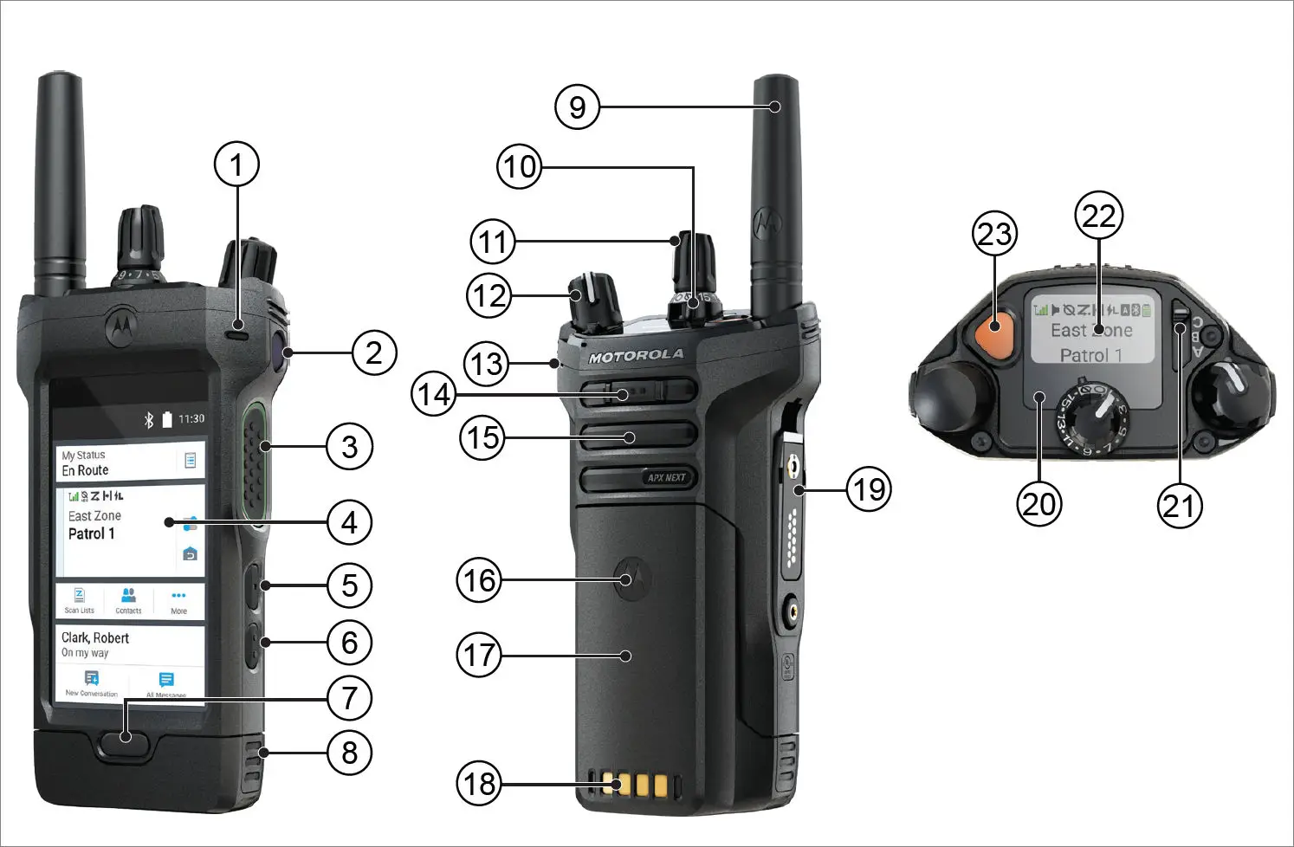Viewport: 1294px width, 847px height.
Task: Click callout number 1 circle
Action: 236,164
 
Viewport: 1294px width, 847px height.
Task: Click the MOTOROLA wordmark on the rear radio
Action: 637,356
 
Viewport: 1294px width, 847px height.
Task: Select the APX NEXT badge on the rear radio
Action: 665,477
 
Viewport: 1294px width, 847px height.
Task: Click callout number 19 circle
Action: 869,489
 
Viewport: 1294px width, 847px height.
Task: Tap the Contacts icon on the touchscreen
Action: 128,598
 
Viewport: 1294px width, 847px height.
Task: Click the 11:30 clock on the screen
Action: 191,419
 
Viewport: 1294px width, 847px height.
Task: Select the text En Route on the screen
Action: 85,470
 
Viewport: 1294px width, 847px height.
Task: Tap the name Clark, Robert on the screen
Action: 95,637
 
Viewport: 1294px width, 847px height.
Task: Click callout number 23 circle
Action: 994,234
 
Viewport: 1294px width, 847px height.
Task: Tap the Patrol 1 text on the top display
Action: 1090,355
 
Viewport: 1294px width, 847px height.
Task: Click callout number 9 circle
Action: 577,107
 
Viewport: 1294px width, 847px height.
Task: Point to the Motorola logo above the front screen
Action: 120,324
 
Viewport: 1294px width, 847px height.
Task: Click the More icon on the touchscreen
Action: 178,599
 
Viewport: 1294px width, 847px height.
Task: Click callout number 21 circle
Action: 1180,505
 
